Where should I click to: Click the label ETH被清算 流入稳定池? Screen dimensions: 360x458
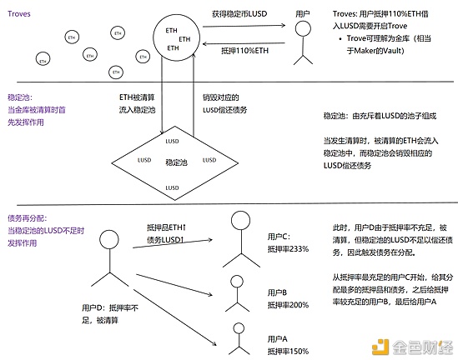(137, 102)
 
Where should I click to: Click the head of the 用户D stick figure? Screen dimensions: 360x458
(109, 240)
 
